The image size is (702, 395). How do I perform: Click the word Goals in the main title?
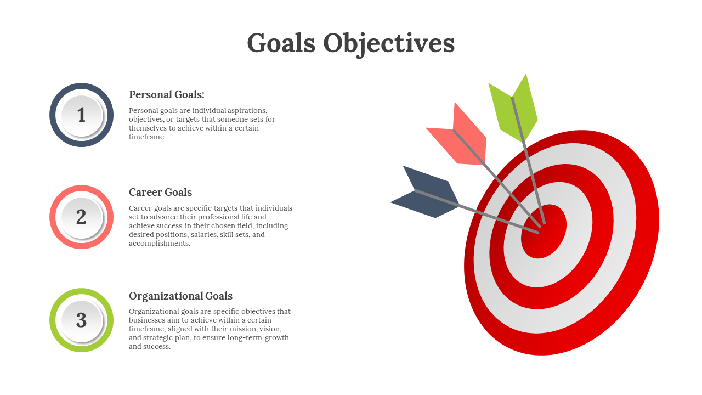[281, 43]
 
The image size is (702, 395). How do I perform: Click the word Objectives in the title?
[389, 44]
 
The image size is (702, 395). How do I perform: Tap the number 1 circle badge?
[82, 115]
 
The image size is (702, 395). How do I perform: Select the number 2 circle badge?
[82, 217]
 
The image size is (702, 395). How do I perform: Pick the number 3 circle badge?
[82, 320]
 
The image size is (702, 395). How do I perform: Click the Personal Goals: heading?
[166, 94]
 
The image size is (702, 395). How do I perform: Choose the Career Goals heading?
[160, 192]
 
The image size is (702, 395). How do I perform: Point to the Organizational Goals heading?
[180, 296]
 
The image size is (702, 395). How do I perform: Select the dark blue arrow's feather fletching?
[425, 192]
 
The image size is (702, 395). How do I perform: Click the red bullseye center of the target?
[544, 232]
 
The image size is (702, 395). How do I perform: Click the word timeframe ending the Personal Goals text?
[146, 137]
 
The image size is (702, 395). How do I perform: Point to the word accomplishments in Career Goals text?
[159, 243]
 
